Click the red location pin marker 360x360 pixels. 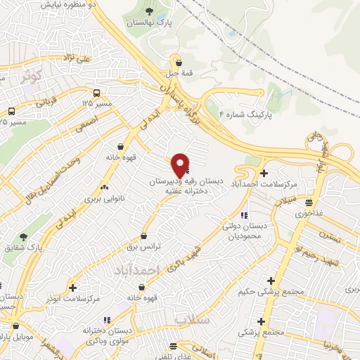pos(181,165)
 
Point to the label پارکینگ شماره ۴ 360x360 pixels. pos(245,112)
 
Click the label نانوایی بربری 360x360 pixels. pos(104,199)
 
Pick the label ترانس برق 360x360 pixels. pos(143,247)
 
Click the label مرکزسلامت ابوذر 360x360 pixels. pos(78,299)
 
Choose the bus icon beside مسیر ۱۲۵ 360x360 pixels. pos(96,92)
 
